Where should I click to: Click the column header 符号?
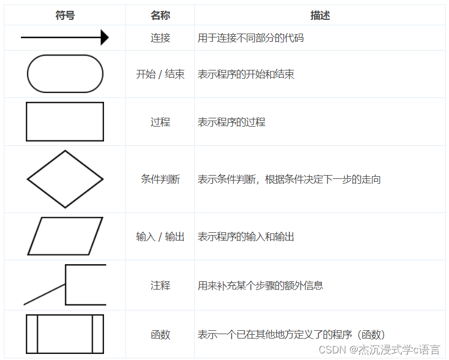coord(65,15)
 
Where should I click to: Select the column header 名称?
coord(160,15)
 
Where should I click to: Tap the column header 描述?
coord(320,15)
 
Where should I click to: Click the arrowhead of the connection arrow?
coord(105,37)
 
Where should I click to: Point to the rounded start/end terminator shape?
coord(65,74)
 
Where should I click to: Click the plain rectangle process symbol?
coord(65,122)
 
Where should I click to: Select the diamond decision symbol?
coord(65,179)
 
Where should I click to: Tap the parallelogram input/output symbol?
coord(65,236)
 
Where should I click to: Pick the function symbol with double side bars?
coord(65,334)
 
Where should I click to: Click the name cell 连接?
coord(160,38)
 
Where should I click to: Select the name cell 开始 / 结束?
coord(160,74)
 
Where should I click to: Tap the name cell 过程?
coord(160,122)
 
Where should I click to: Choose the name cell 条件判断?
coord(160,179)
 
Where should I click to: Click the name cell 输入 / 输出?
coord(160,237)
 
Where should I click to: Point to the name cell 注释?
coord(160,286)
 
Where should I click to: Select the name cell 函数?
coord(160,335)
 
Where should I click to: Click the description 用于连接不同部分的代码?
coord(250,38)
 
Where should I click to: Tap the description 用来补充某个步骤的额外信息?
coord(260,286)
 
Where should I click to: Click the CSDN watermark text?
coord(380,350)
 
